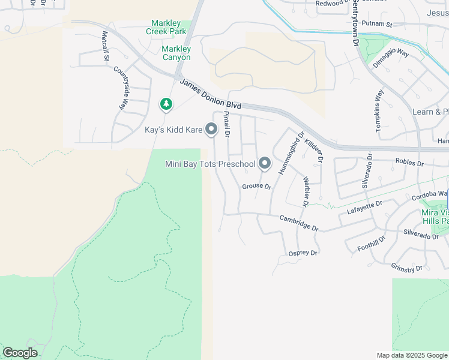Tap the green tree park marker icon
coord(166,105)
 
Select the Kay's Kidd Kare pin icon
coord(211,128)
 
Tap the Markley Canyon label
coord(176,53)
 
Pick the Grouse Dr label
coord(257,187)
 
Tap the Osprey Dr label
coord(303,253)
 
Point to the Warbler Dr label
coord(306,191)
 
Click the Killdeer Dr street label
coord(314,151)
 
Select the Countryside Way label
coord(121,88)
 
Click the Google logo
coord(20,353)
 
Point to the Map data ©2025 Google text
coord(412,355)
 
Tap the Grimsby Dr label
coord(407,268)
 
